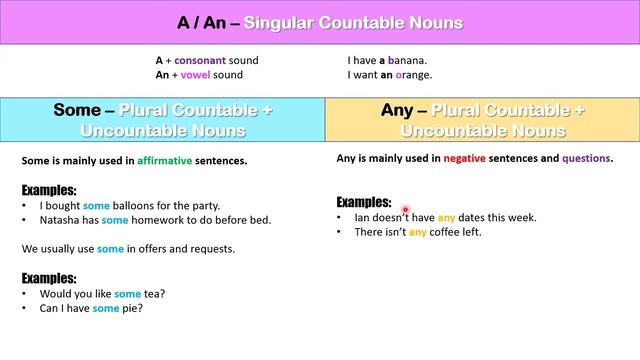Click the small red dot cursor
click(406, 210)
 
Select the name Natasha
click(62, 220)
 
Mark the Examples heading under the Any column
click(363, 201)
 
